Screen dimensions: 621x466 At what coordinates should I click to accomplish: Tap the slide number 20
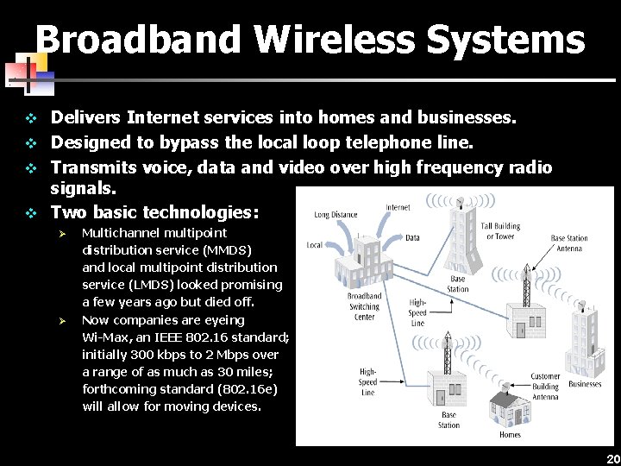pyautogui.click(x=612, y=458)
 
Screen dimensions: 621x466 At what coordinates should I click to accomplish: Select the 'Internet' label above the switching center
pyautogui.click(x=398, y=207)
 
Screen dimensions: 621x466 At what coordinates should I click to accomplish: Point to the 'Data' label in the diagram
pyautogui.click(x=412, y=237)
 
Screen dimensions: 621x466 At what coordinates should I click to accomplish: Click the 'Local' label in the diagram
pyautogui.click(x=315, y=245)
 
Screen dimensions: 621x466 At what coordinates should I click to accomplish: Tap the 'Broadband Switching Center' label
pyautogui.click(x=364, y=306)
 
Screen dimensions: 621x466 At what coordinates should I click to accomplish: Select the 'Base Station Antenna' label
pyautogui.click(x=569, y=243)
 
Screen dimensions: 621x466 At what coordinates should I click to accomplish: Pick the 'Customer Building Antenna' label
pyautogui.click(x=545, y=387)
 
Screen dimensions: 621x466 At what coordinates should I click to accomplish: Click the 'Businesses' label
pyautogui.click(x=585, y=384)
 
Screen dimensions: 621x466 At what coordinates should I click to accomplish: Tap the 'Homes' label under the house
pyautogui.click(x=510, y=434)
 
